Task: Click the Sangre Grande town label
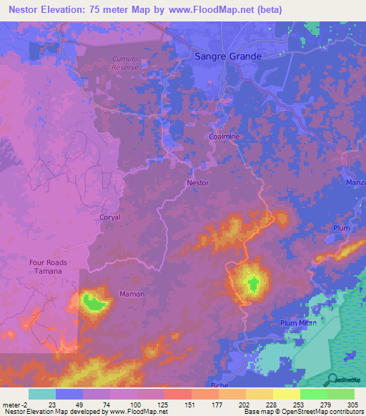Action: tap(228, 56)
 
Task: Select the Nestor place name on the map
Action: tap(197, 183)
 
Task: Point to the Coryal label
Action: tap(110, 217)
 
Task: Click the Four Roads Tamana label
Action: tap(49, 267)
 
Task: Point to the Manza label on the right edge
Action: tap(355, 183)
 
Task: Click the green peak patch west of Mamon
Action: tap(94, 302)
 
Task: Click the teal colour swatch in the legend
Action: tap(41, 394)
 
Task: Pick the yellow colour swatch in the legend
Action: tap(287, 394)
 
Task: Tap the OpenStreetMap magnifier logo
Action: tap(332, 380)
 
